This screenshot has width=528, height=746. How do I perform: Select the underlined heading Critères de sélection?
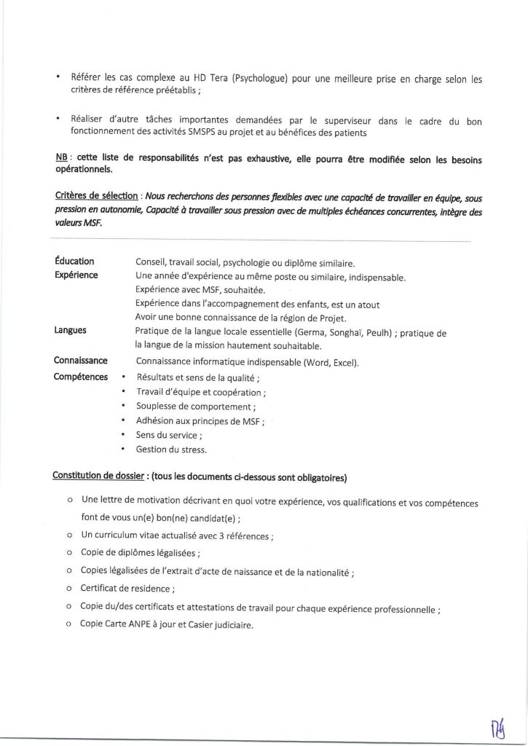coord(98,197)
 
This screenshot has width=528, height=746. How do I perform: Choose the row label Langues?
coord(71,330)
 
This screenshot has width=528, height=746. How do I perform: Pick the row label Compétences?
coord(81,377)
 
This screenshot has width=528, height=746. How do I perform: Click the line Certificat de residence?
coord(128,588)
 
